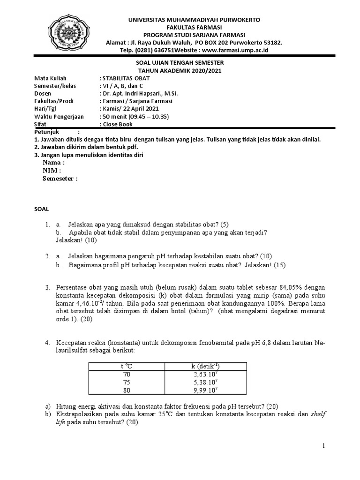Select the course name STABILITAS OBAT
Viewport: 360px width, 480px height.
tap(120, 78)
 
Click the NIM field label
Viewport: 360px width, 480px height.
tap(52, 170)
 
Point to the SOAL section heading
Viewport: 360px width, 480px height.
tap(42, 208)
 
